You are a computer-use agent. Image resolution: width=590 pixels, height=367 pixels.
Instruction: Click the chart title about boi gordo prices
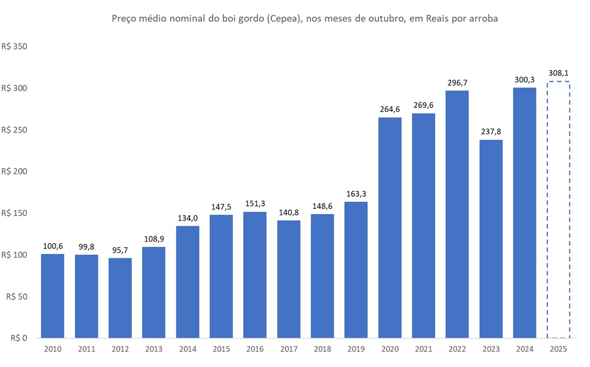point(304,19)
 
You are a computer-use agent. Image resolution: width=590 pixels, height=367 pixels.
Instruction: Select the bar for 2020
point(390,228)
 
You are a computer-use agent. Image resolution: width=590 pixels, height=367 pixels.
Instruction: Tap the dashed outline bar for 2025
point(558,210)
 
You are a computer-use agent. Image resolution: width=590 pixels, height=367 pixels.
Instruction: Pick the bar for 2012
point(120,298)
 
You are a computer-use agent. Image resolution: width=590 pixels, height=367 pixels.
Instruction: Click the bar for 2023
point(491,239)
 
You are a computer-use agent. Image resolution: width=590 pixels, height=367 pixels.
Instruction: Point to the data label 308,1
point(558,73)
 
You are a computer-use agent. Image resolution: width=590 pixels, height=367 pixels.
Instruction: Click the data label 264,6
point(390,109)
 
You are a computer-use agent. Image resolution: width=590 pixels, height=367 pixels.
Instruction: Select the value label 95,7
point(120,250)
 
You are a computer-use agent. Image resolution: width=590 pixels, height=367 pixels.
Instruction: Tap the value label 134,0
point(187,218)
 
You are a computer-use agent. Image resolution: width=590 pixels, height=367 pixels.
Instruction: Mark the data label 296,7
point(457,82)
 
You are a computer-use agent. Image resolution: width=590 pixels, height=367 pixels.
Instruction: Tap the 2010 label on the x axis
point(53,348)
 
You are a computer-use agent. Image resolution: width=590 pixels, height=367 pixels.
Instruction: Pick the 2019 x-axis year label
point(356,348)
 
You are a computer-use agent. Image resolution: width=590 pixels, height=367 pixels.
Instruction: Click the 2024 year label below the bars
point(525,348)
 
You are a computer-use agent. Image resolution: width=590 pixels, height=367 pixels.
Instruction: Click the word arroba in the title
point(483,19)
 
